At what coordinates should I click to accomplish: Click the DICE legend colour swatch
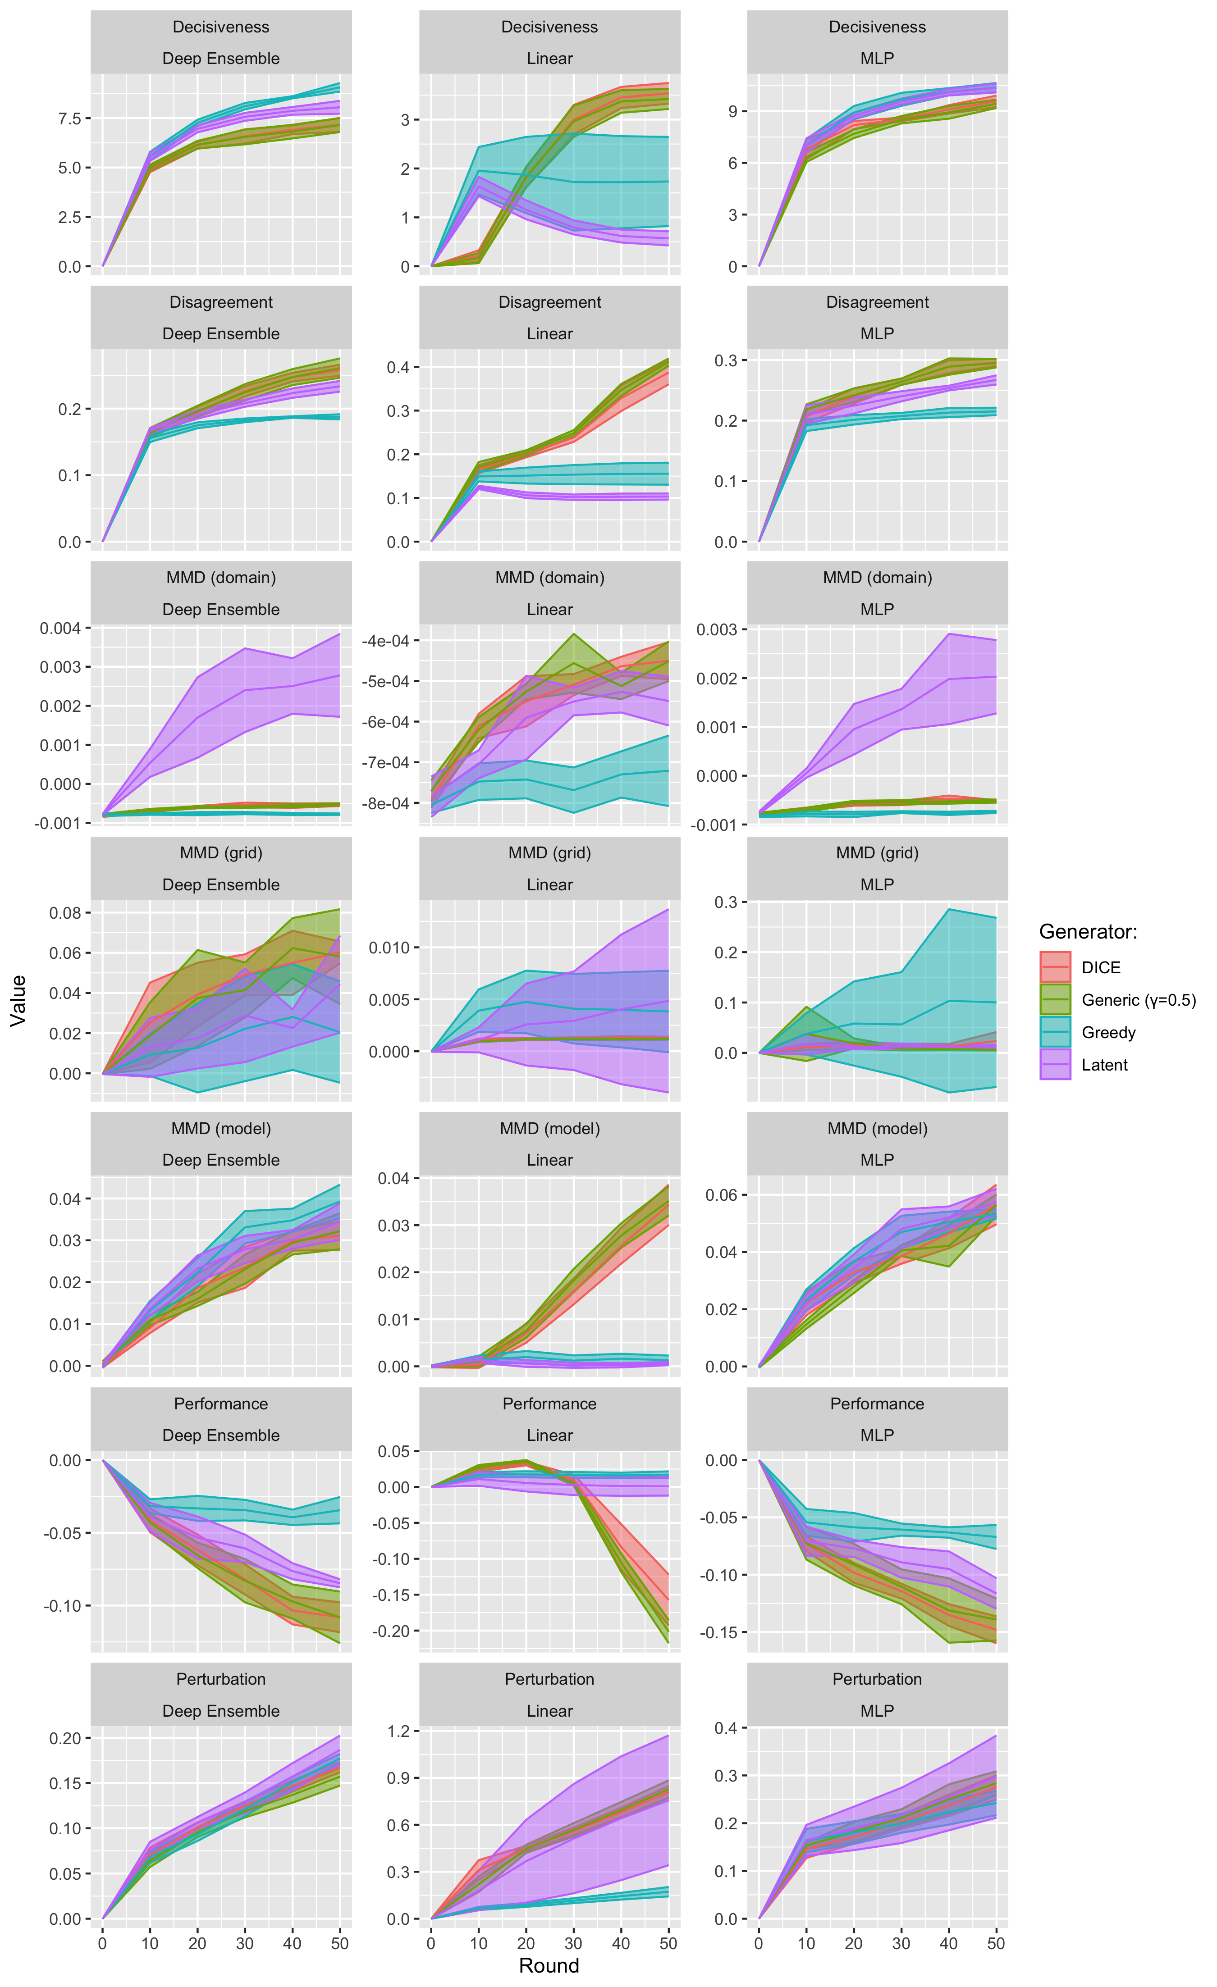(1054, 967)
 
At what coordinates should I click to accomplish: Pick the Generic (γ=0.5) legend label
(1138, 1000)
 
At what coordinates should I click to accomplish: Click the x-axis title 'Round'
(549, 1965)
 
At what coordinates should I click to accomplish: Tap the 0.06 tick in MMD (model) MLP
(722, 1195)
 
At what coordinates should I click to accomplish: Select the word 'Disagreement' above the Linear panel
(549, 302)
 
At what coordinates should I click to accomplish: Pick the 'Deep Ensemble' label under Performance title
(221, 1436)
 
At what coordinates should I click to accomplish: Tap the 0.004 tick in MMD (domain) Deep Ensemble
(63, 628)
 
